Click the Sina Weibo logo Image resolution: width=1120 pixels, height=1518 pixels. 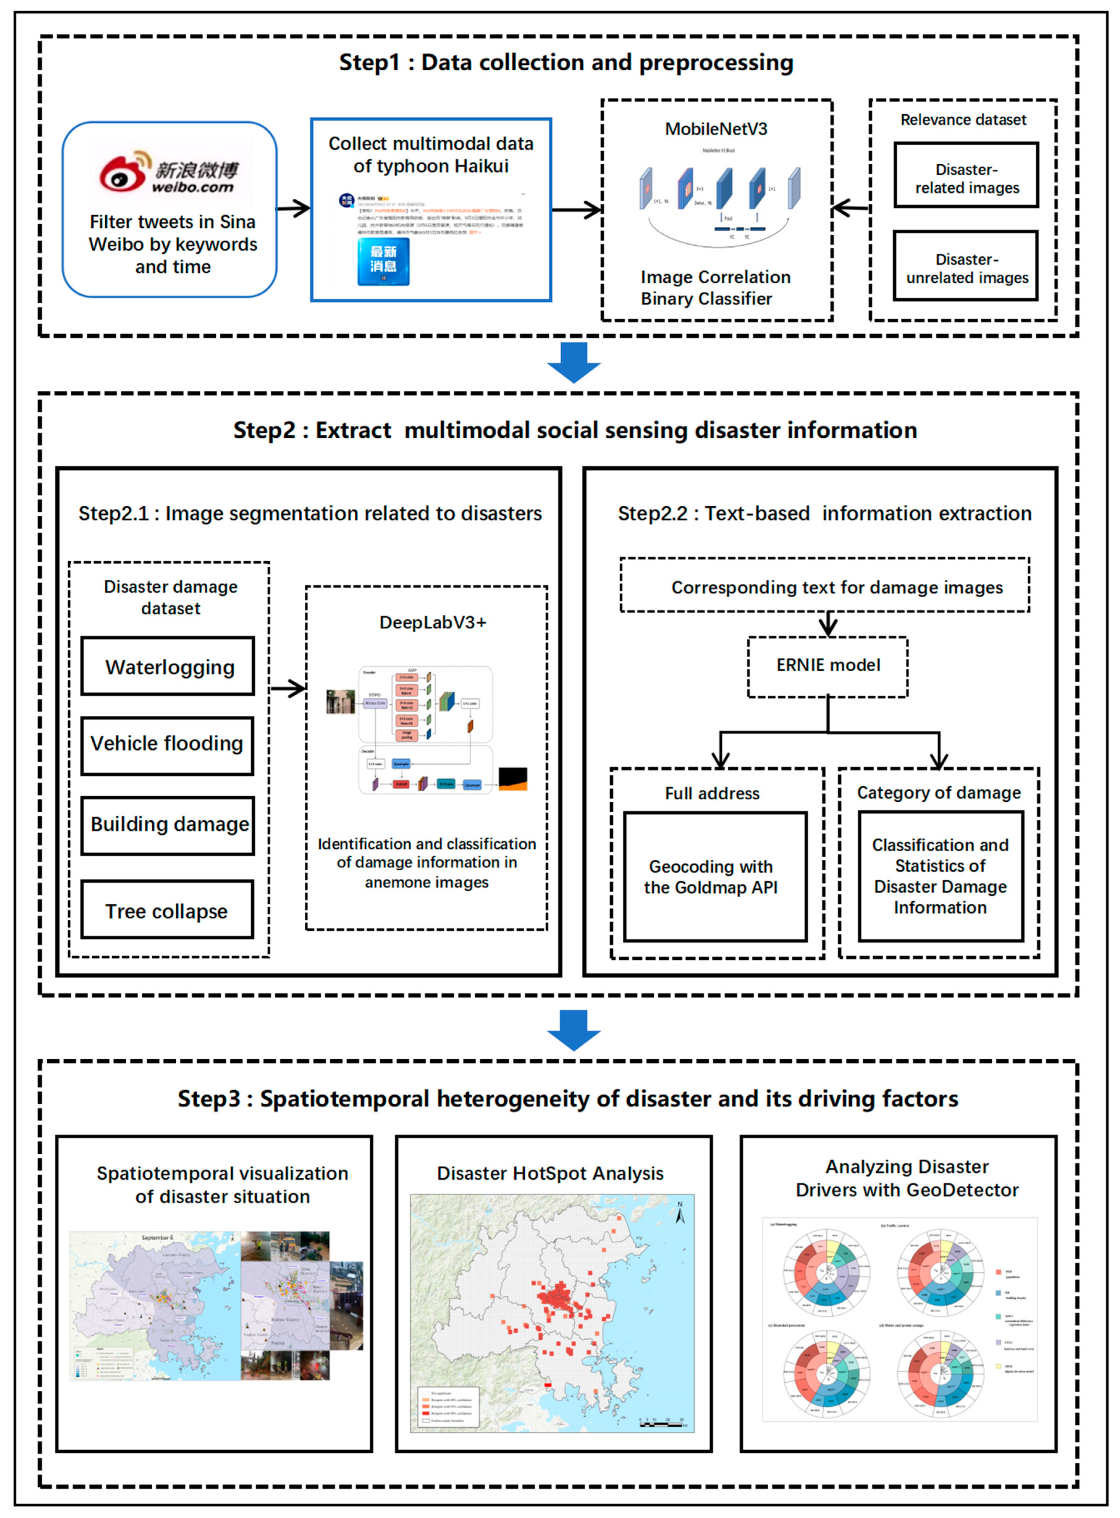point(170,173)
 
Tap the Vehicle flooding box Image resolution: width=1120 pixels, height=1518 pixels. point(167,745)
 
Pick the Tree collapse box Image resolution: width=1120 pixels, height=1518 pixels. point(167,910)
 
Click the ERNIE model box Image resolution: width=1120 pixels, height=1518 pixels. point(828,666)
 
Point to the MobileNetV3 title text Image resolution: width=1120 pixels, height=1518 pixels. point(716,129)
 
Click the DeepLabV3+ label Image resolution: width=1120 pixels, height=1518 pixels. point(433,622)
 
